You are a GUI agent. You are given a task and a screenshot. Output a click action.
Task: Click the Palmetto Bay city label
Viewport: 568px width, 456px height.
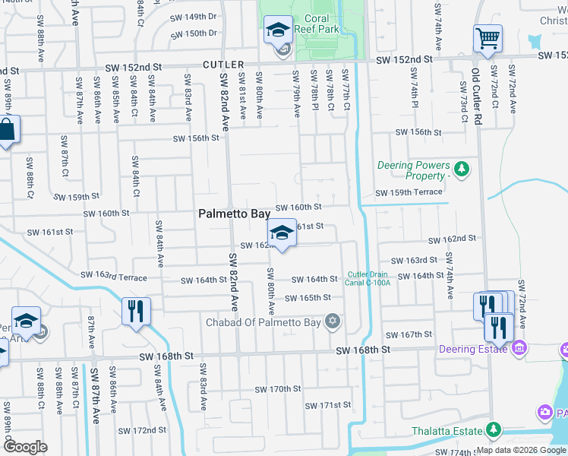[235, 214]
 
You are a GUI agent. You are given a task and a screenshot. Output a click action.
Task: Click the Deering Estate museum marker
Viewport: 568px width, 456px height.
[519, 349]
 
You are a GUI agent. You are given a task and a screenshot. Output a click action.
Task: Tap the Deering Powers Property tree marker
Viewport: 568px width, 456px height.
[459, 167]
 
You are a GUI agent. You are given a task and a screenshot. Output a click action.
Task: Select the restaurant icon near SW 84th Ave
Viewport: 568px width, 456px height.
[136, 312]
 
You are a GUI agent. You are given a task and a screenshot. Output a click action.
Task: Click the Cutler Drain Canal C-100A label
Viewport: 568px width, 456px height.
[369, 279]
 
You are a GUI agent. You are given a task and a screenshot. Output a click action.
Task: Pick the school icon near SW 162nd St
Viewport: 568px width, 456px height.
[282, 233]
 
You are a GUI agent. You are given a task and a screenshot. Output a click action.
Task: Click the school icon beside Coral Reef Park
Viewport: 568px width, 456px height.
[278, 31]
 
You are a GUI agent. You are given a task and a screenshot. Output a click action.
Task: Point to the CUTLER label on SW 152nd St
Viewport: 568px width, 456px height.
[225, 65]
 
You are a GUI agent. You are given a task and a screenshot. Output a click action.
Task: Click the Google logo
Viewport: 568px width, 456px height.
[25, 447]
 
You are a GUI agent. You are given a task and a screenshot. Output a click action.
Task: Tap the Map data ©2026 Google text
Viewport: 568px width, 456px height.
[520, 450]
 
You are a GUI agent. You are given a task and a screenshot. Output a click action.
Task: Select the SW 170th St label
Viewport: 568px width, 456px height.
[274, 389]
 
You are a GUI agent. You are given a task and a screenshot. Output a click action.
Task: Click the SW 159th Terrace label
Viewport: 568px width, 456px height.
[408, 192]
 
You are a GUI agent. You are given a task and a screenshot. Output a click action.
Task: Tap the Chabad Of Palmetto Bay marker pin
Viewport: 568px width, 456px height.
[331, 321]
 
